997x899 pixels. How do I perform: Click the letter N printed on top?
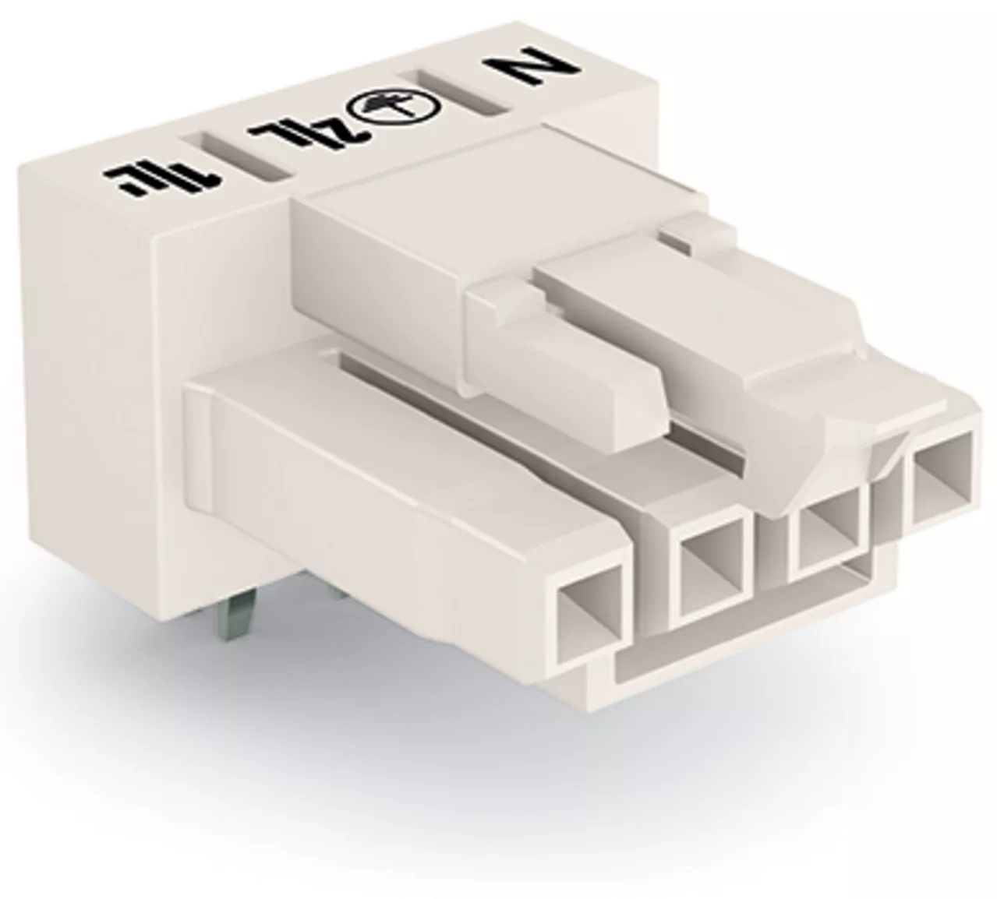(x=532, y=69)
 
